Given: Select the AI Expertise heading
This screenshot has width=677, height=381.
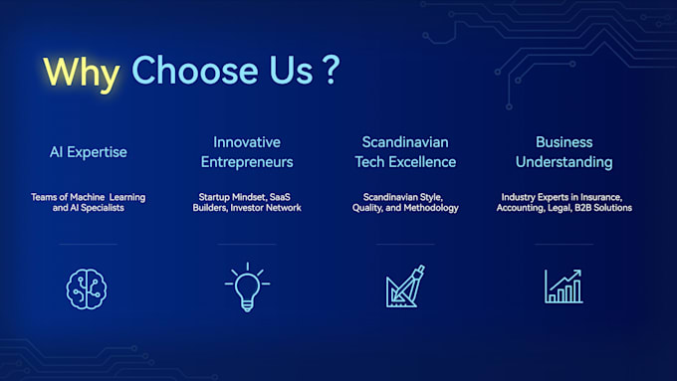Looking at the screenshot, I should click(89, 152).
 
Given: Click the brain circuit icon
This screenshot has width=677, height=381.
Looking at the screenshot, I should click(87, 287).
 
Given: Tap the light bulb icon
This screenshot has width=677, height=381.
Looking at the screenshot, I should click(246, 286).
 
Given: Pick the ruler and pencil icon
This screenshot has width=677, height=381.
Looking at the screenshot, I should click(405, 286).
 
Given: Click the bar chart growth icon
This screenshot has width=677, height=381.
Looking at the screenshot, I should click(564, 286).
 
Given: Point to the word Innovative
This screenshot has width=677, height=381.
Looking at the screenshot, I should click(247, 142).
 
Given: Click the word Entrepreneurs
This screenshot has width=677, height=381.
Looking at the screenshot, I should click(247, 161).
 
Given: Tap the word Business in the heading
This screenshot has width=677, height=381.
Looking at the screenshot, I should click(564, 142).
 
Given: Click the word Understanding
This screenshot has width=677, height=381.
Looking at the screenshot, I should click(564, 161).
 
